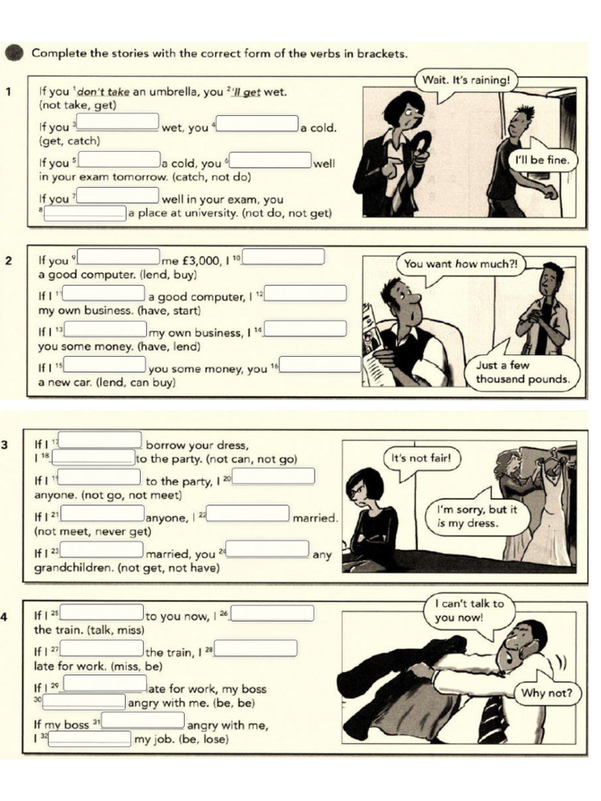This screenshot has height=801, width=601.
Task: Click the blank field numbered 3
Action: point(117,122)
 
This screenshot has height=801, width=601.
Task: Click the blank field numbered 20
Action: point(273,476)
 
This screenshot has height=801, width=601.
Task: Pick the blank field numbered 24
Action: point(268,549)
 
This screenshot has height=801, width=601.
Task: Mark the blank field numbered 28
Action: point(256,648)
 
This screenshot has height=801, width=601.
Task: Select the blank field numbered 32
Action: point(92,738)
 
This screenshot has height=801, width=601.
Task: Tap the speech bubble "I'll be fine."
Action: point(543,161)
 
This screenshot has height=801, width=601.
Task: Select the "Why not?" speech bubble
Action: point(546,693)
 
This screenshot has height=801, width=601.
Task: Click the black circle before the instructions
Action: point(14,53)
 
